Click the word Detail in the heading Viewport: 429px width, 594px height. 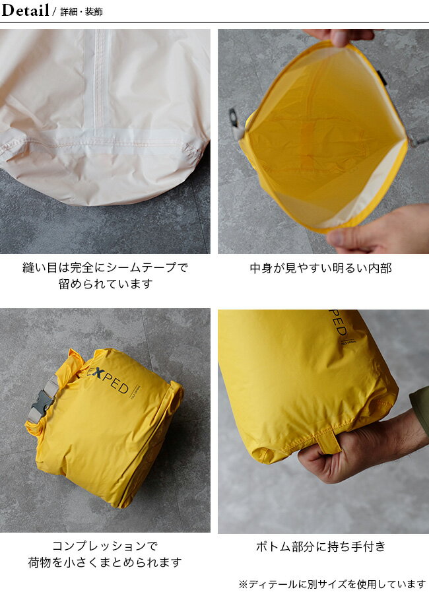pyautogui.click(x=25, y=10)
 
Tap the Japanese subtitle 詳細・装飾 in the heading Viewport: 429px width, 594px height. pyautogui.click(x=81, y=12)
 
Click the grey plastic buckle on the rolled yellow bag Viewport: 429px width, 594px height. pyautogui.click(x=41, y=400)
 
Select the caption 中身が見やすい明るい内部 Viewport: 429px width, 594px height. pyautogui.click(x=321, y=268)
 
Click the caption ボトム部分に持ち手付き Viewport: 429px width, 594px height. pyautogui.click(x=321, y=546)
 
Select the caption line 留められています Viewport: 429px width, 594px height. pyautogui.click(x=105, y=284)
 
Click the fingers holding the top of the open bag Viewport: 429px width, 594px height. pyautogui.click(x=343, y=37)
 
